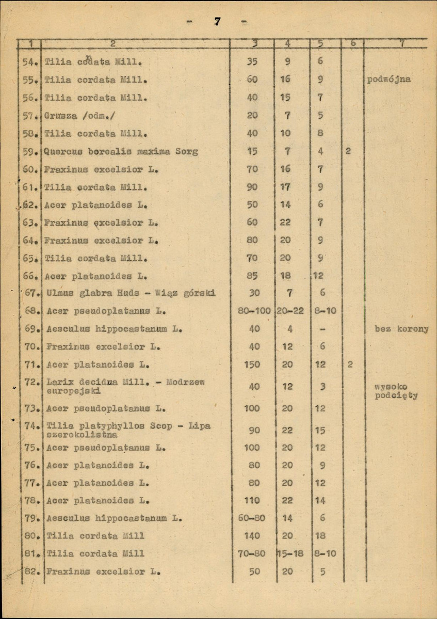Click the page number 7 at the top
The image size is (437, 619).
pos(218,22)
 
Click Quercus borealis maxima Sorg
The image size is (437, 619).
pos(121,152)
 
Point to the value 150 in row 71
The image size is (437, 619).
pos(252,364)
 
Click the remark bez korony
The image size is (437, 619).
pos(401,329)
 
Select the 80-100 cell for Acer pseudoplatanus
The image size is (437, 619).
pos(251,311)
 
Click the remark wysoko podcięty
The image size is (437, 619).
pos(395,391)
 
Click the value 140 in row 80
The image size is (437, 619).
pos(252,536)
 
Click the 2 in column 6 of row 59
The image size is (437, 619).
pos(349,152)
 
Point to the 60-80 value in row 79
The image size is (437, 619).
pos(251,518)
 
